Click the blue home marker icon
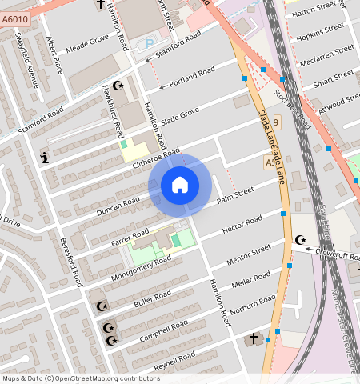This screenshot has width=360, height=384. point(180,185)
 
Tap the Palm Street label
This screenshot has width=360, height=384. point(235,194)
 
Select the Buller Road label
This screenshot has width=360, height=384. point(153,298)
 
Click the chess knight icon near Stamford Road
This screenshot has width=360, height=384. point(45,158)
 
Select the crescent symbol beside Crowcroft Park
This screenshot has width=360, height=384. point(302,240)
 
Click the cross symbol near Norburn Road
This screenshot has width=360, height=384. point(254,339)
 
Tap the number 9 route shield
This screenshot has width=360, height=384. point(276,122)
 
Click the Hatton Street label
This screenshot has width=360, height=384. point(314,13)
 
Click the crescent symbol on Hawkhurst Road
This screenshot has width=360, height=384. point(119,85)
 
